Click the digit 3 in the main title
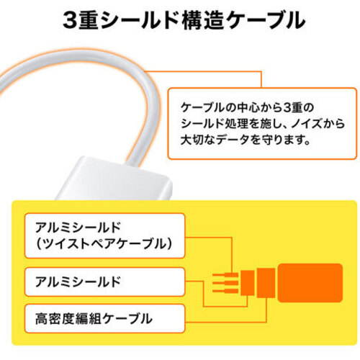(x=71, y=20)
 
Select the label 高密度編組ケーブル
(x=94, y=319)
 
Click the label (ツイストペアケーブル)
(x=104, y=244)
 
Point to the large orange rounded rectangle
(x=310, y=283)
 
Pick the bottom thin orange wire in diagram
(x=225, y=291)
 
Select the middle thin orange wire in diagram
(x=225, y=283)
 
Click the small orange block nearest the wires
(x=247, y=283)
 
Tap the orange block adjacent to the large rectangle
(x=266, y=283)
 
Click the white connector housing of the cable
(x=113, y=179)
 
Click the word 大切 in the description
(x=192, y=140)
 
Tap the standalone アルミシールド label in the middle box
(x=78, y=282)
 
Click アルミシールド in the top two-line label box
(x=78, y=227)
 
